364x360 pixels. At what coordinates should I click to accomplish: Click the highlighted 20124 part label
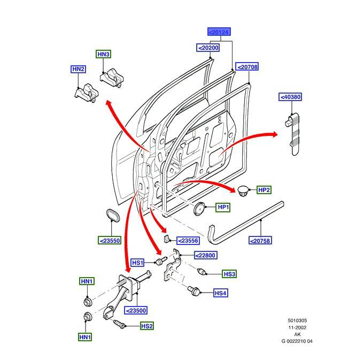(x=219, y=32)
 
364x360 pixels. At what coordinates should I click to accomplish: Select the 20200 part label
(x=208, y=48)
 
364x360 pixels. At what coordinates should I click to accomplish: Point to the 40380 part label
(x=290, y=97)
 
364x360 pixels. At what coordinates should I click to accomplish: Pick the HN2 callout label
(x=79, y=69)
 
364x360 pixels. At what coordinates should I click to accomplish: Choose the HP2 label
(x=264, y=190)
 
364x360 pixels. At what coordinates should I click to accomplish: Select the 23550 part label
(x=109, y=240)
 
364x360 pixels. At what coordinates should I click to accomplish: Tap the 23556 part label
(x=188, y=241)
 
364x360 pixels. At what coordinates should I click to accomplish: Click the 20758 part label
(x=260, y=241)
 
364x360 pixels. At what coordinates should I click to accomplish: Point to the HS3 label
(x=229, y=274)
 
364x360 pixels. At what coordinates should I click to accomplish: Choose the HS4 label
(x=221, y=293)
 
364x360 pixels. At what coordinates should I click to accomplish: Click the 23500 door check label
(x=136, y=310)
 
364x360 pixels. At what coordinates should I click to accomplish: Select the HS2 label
(x=147, y=326)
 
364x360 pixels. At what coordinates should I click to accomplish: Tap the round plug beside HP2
(x=244, y=190)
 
